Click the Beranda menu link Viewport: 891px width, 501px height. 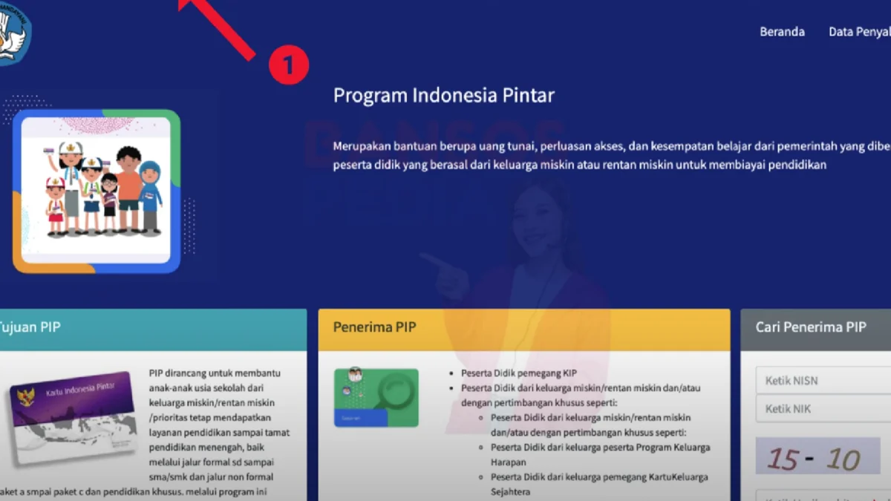[x=782, y=32]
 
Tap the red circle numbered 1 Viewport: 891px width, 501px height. [x=288, y=65]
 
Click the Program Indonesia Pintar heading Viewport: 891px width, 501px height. [x=443, y=96]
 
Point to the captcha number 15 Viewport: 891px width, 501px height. [x=783, y=459]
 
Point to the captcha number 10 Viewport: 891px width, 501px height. [x=842, y=459]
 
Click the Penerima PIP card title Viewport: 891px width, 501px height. [x=374, y=327]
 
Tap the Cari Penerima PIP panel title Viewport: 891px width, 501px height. [x=811, y=327]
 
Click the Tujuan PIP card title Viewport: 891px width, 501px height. [x=30, y=327]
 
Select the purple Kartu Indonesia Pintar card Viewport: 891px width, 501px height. [x=73, y=416]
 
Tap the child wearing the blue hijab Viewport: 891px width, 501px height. [x=150, y=194]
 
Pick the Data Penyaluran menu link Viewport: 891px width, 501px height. [x=860, y=32]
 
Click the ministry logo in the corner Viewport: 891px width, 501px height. [x=13, y=31]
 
